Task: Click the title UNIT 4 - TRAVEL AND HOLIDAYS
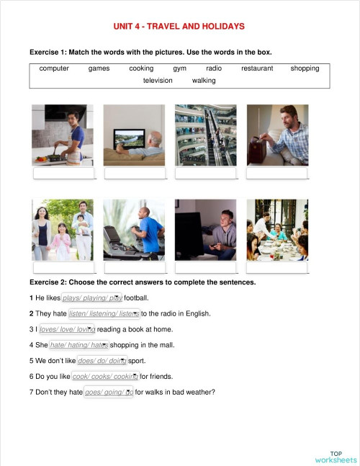pos(179,27)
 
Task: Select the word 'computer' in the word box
pos(54,68)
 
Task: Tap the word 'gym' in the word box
pos(179,68)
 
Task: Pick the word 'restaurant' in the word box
pos(257,68)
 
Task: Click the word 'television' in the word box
pos(158,81)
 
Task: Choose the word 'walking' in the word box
pos(204,81)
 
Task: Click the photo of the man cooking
pos(63,135)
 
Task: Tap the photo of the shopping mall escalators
pos(205,135)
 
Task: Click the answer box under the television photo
pos(135,173)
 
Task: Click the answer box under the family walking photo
pos(63,268)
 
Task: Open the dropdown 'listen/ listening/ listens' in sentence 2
pos(104,313)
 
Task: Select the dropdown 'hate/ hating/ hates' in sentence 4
pos(79,345)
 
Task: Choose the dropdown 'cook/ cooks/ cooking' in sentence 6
pos(105,377)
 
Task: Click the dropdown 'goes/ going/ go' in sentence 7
pos(109,393)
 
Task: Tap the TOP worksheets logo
pos(336,457)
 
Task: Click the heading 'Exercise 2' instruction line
pos(143,282)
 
